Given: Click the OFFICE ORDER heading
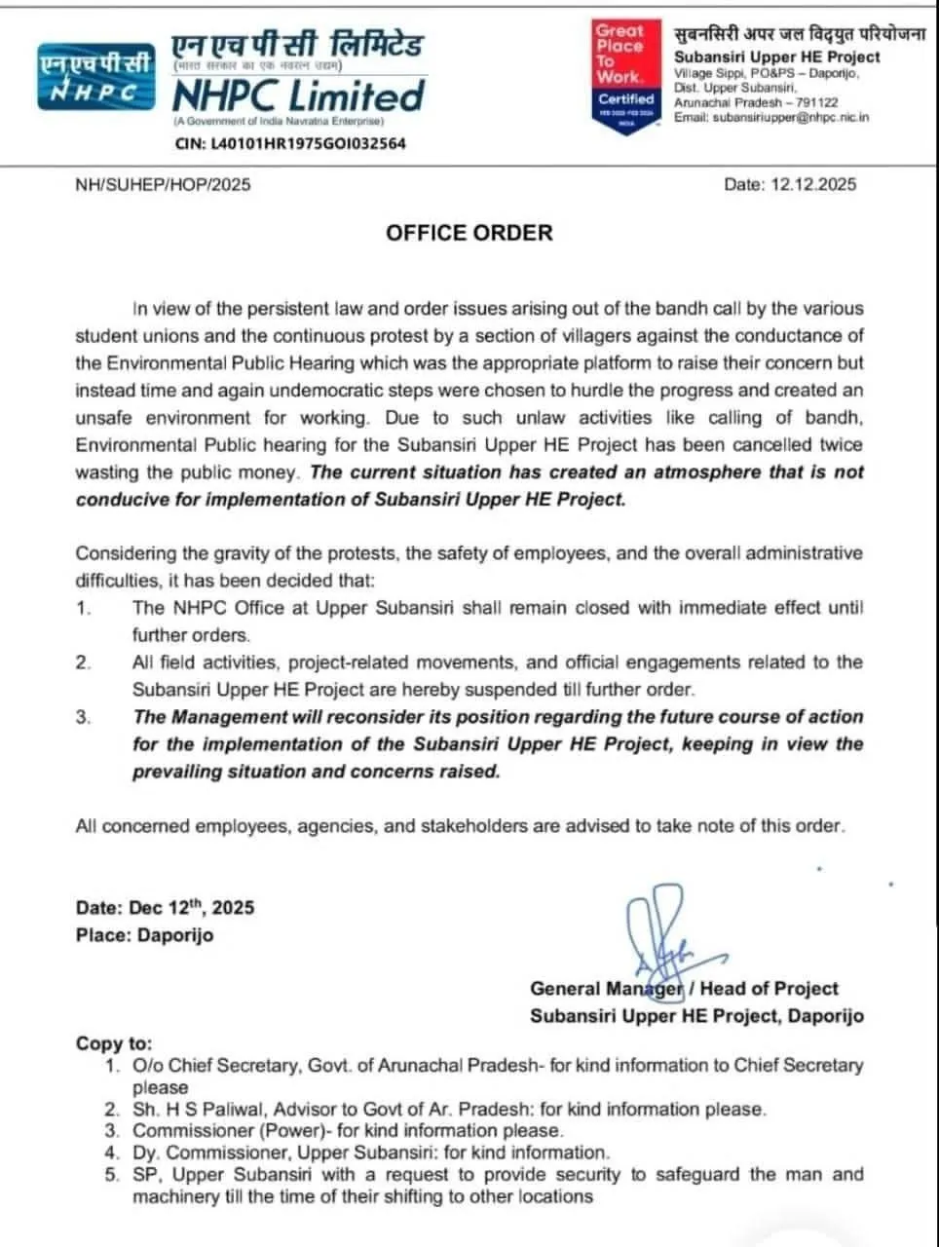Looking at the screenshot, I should (x=469, y=233).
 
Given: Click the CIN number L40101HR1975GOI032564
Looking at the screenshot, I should (x=288, y=143).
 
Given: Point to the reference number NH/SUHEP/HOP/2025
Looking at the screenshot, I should (x=163, y=184).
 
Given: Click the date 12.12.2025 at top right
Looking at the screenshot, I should (x=790, y=184).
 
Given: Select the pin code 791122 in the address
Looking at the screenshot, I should (x=816, y=102).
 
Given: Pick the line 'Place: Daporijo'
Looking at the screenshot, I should (x=144, y=935).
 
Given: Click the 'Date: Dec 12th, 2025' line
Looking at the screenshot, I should (x=165, y=908).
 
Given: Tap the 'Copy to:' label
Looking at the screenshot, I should (x=114, y=1043).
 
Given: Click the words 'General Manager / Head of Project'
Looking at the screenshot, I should (x=684, y=989).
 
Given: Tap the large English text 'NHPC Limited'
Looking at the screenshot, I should (x=298, y=95).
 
